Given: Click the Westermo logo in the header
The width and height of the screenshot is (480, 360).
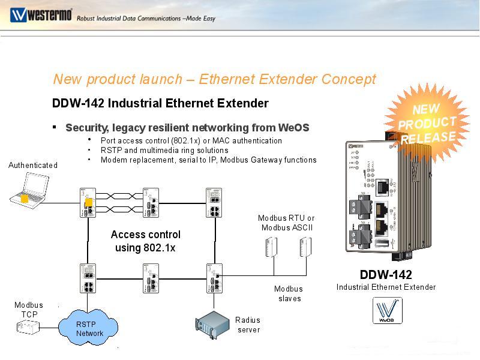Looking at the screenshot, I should [40, 15].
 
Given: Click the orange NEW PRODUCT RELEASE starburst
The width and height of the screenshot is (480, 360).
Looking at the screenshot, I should [427, 124].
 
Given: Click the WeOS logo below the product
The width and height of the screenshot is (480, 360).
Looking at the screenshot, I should [387, 310].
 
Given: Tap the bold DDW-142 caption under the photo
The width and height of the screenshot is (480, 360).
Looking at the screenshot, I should [386, 275].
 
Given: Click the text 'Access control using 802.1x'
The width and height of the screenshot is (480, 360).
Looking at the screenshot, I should [145, 241].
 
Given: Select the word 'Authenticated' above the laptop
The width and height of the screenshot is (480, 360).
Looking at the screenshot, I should [33, 165].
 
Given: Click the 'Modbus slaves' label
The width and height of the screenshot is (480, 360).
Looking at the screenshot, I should [289, 293].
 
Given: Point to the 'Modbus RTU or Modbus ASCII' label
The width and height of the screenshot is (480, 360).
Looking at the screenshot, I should [286, 223].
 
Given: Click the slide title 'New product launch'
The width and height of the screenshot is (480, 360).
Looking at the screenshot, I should [214, 79].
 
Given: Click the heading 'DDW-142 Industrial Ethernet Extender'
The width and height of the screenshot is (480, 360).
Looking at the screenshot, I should [160, 103].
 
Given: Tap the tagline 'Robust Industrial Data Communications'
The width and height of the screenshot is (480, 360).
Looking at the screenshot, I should [146, 18].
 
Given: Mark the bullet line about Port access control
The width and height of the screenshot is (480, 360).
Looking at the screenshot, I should [191, 140].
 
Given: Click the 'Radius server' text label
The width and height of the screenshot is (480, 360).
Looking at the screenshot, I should [248, 325].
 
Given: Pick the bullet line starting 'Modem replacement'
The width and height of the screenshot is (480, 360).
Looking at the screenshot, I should [208, 160].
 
